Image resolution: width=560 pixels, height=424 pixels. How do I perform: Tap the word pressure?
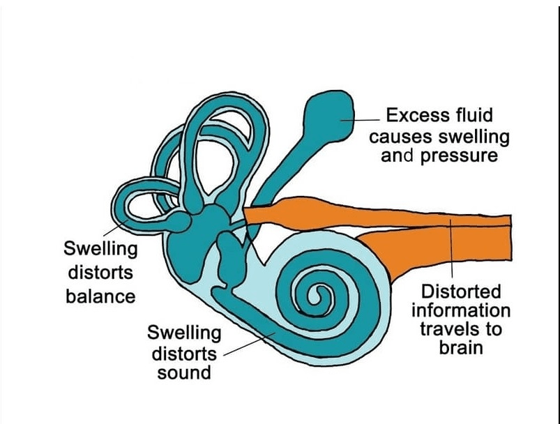(459, 156)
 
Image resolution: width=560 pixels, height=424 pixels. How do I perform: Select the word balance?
(100, 296)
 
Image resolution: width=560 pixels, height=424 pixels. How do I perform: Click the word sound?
(184, 373)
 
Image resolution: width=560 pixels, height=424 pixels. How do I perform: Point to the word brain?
(461, 347)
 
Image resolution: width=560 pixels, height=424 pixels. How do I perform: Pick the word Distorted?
(461, 291)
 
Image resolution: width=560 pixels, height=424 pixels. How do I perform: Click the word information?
(461, 310)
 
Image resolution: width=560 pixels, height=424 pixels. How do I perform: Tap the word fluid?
(475, 115)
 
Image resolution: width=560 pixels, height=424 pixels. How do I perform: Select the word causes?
(402, 137)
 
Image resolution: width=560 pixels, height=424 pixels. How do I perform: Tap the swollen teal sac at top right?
(328, 115)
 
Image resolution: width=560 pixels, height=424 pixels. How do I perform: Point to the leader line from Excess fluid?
(360, 120)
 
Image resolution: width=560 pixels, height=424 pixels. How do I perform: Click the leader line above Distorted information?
(451, 249)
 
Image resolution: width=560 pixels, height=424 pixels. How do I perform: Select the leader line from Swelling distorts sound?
(249, 344)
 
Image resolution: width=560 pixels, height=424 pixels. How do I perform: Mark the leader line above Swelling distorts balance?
(115, 229)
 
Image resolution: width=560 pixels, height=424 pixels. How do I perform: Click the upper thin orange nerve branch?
(375, 214)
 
